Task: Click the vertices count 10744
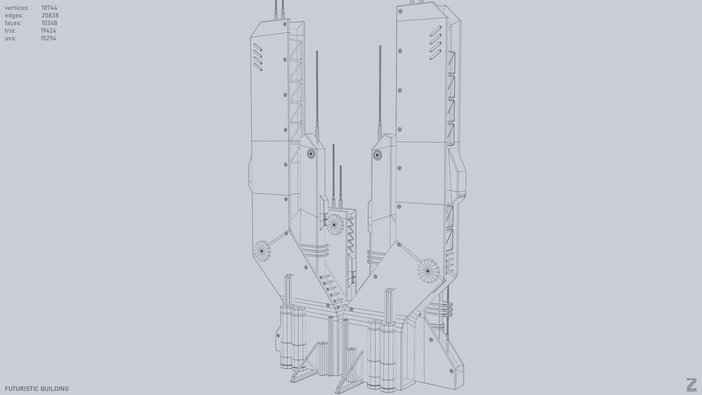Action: pyautogui.click(x=49, y=8)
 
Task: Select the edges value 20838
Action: pyautogui.click(x=50, y=15)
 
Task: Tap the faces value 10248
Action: pyautogui.click(x=49, y=23)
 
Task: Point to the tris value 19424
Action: pyautogui.click(x=49, y=30)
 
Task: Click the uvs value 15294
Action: pyautogui.click(x=49, y=38)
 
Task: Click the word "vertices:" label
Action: pyautogui.click(x=17, y=8)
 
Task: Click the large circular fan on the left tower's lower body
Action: pyautogui.click(x=262, y=250)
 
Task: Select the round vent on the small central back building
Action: pyautogui.click(x=335, y=224)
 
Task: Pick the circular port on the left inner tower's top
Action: pyautogui.click(x=311, y=154)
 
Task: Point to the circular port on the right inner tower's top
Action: pyautogui.click(x=377, y=155)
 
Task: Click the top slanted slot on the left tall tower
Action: pyautogui.click(x=258, y=47)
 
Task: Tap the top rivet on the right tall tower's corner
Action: pyautogui.click(x=400, y=11)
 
